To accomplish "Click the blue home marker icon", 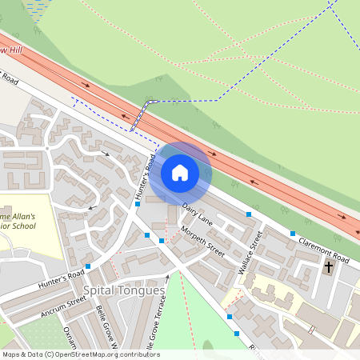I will point(180,172).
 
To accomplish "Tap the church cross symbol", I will point(329,267).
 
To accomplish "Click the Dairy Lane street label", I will point(197,212).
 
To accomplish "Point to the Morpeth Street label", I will point(202,240).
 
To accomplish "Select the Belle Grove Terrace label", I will point(159,320).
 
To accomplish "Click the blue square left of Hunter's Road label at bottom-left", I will point(88,266).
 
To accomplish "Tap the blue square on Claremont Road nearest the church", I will point(292,234).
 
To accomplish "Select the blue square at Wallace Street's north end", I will point(249,214).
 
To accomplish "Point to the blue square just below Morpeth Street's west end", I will point(162,240).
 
